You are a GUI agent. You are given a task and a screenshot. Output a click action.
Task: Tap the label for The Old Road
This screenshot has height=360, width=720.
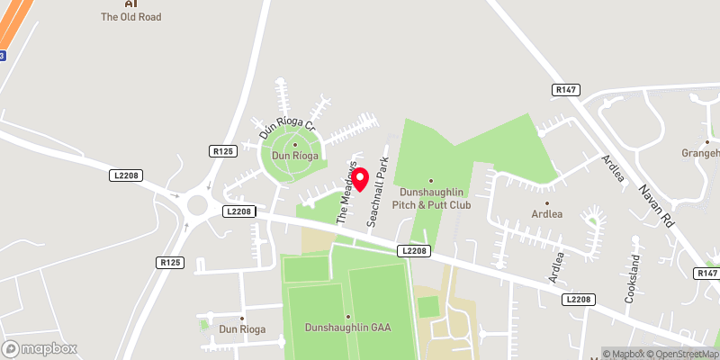click(130, 16)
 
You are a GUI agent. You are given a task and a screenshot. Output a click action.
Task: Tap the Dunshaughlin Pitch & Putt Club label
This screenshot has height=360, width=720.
click(430, 198)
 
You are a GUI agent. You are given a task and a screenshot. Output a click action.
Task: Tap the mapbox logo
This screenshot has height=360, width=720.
click(40, 349)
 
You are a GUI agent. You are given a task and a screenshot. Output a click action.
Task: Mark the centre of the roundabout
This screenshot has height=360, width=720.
click(196, 209)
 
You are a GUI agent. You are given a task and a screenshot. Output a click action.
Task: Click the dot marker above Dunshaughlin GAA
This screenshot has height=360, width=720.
click(348, 316)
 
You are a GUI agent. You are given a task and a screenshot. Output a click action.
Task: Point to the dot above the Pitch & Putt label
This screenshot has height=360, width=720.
click(430, 180)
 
